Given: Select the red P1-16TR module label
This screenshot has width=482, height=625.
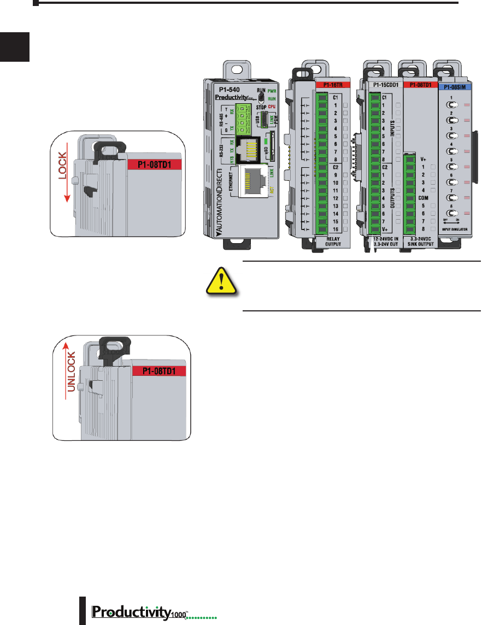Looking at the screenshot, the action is [333, 86].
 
